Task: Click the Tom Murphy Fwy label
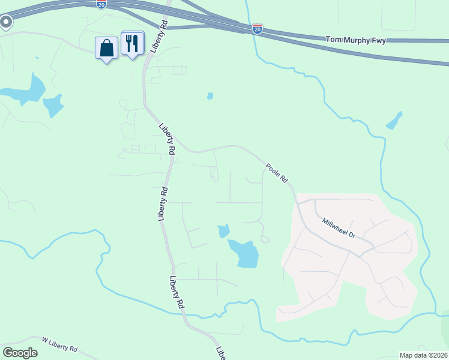355,40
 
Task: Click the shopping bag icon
107,49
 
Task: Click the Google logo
20,353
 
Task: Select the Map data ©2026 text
423,355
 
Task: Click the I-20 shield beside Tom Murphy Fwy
257,28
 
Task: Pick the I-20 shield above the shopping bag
101,4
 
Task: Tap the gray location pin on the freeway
6,23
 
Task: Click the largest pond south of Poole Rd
244,253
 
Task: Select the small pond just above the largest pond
223,230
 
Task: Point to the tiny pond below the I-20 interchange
209,95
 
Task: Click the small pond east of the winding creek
394,121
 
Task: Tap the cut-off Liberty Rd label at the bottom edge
220,353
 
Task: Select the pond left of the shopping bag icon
53,106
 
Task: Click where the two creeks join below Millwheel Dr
433,313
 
